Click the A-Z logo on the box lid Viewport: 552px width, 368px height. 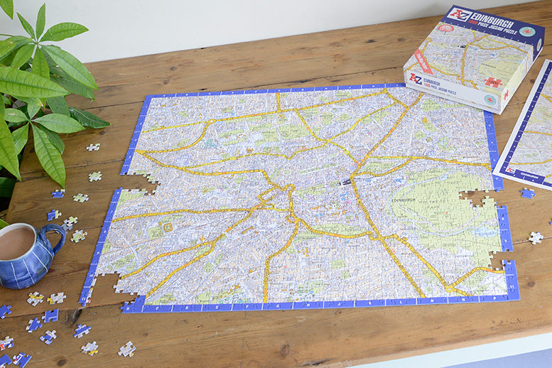[460, 14]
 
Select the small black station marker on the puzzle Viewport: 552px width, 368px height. [346, 182]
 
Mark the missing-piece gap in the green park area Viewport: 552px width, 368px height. [473, 197]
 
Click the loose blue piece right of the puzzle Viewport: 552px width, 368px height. [527, 193]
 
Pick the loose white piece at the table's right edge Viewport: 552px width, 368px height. [536, 237]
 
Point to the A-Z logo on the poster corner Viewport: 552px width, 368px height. [509, 169]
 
